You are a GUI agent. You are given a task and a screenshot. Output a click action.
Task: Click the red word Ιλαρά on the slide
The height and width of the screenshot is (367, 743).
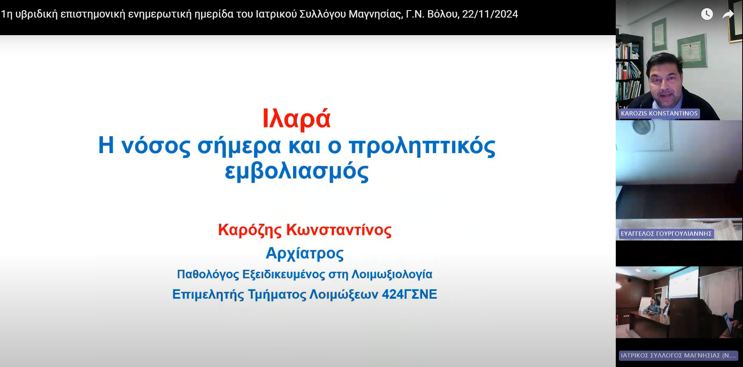tap(297, 119)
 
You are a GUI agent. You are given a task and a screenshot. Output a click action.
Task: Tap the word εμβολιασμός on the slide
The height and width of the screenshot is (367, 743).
tap(297, 171)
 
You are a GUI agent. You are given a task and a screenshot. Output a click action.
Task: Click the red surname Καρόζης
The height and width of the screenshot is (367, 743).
tap(249, 230)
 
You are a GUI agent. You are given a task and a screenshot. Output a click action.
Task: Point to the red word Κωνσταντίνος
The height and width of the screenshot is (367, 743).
tap(339, 230)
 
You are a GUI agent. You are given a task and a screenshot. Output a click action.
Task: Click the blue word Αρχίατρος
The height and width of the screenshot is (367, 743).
tap(304, 253)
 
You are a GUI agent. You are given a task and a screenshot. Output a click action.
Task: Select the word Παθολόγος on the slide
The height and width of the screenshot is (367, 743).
tap(208, 274)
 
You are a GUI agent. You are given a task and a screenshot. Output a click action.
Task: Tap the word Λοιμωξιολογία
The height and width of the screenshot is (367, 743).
tap(392, 274)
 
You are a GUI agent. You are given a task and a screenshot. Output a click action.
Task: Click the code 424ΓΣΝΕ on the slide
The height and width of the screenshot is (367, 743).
tap(409, 294)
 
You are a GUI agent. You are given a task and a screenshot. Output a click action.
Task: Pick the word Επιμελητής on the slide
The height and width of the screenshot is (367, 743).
tap(208, 294)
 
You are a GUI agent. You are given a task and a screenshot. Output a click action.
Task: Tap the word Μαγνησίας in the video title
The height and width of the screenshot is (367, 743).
tap(375, 14)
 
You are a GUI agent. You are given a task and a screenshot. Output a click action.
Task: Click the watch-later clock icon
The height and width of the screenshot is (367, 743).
tap(707, 14)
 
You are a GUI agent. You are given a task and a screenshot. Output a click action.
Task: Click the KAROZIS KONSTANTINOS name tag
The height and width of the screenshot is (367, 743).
tap(659, 113)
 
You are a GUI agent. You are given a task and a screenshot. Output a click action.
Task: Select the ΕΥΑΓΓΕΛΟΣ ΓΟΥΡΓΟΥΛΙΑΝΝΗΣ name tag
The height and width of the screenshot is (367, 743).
tap(666, 233)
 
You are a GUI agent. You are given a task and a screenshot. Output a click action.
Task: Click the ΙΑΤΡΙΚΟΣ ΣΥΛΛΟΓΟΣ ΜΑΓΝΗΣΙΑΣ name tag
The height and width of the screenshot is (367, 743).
tap(678, 355)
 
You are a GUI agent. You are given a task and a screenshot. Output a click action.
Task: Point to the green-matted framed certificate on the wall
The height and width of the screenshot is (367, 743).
tap(692, 50)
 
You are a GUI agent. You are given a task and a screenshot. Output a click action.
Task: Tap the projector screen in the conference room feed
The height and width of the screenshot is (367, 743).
tap(684, 282)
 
